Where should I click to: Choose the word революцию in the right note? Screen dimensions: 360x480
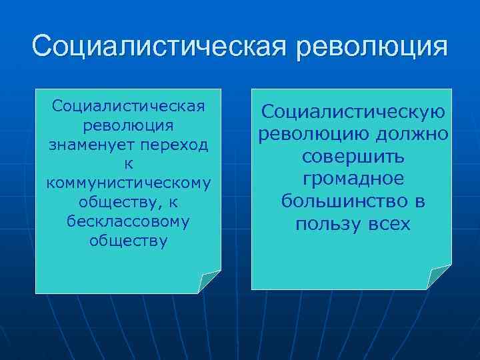point(312,135)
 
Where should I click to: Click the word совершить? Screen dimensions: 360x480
point(351,157)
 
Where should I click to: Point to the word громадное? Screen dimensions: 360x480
point(353,179)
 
